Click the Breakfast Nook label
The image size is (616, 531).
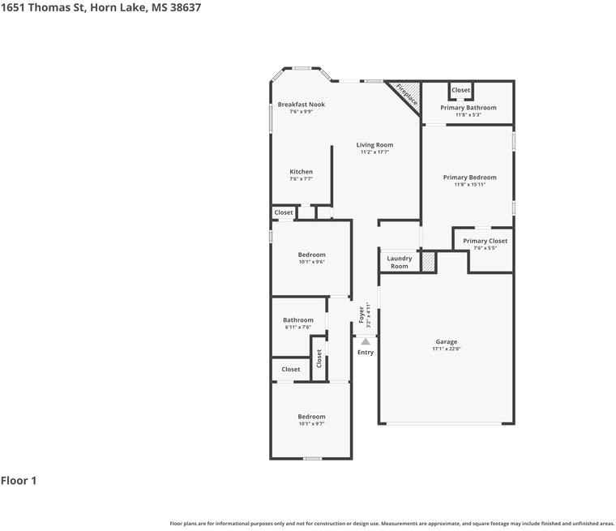point(301,105)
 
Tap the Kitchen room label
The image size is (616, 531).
point(301,172)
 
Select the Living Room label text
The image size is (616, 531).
point(374,145)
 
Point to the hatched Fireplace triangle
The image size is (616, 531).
point(411,91)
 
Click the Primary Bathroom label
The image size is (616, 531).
point(468,108)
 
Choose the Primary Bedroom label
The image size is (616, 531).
point(469,178)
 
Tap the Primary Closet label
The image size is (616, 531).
point(485,241)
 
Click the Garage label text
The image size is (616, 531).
point(446,342)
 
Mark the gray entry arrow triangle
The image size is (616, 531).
point(366,341)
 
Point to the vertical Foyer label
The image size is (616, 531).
point(361,315)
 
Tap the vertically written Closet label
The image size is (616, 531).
point(319,358)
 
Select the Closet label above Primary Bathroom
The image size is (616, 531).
point(460,90)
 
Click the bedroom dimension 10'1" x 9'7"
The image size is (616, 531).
point(311,424)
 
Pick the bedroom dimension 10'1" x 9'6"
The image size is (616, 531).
point(311,262)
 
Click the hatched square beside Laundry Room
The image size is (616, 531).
point(428,261)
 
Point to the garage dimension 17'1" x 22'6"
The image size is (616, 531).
point(446,349)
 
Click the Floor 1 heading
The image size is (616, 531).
point(19,481)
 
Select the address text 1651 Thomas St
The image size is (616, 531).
point(42,7)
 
